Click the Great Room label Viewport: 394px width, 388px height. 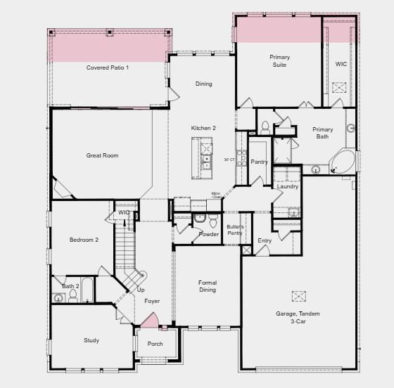[x=102, y=155]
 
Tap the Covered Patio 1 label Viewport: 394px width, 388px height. [x=108, y=67]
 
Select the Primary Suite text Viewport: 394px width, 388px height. [x=279, y=60]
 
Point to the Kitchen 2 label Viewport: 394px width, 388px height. [x=203, y=128]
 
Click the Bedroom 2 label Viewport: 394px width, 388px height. [x=84, y=240]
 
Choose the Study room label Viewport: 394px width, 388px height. [x=91, y=341]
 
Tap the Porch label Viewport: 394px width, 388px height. [x=155, y=344]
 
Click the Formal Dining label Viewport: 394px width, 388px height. [x=208, y=286]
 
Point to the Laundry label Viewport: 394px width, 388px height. [x=288, y=186]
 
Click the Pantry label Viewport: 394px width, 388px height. [x=260, y=162]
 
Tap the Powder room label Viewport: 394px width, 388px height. [x=208, y=234]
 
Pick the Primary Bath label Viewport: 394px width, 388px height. [x=322, y=133]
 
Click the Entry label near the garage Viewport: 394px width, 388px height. [x=265, y=240]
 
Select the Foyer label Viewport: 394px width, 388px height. [x=152, y=301]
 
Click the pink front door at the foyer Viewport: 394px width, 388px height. [x=151, y=321]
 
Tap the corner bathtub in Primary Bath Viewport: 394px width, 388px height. [x=343, y=162]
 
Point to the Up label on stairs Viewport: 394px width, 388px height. [x=141, y=290]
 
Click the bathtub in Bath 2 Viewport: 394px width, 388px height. [x=87, y=290]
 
